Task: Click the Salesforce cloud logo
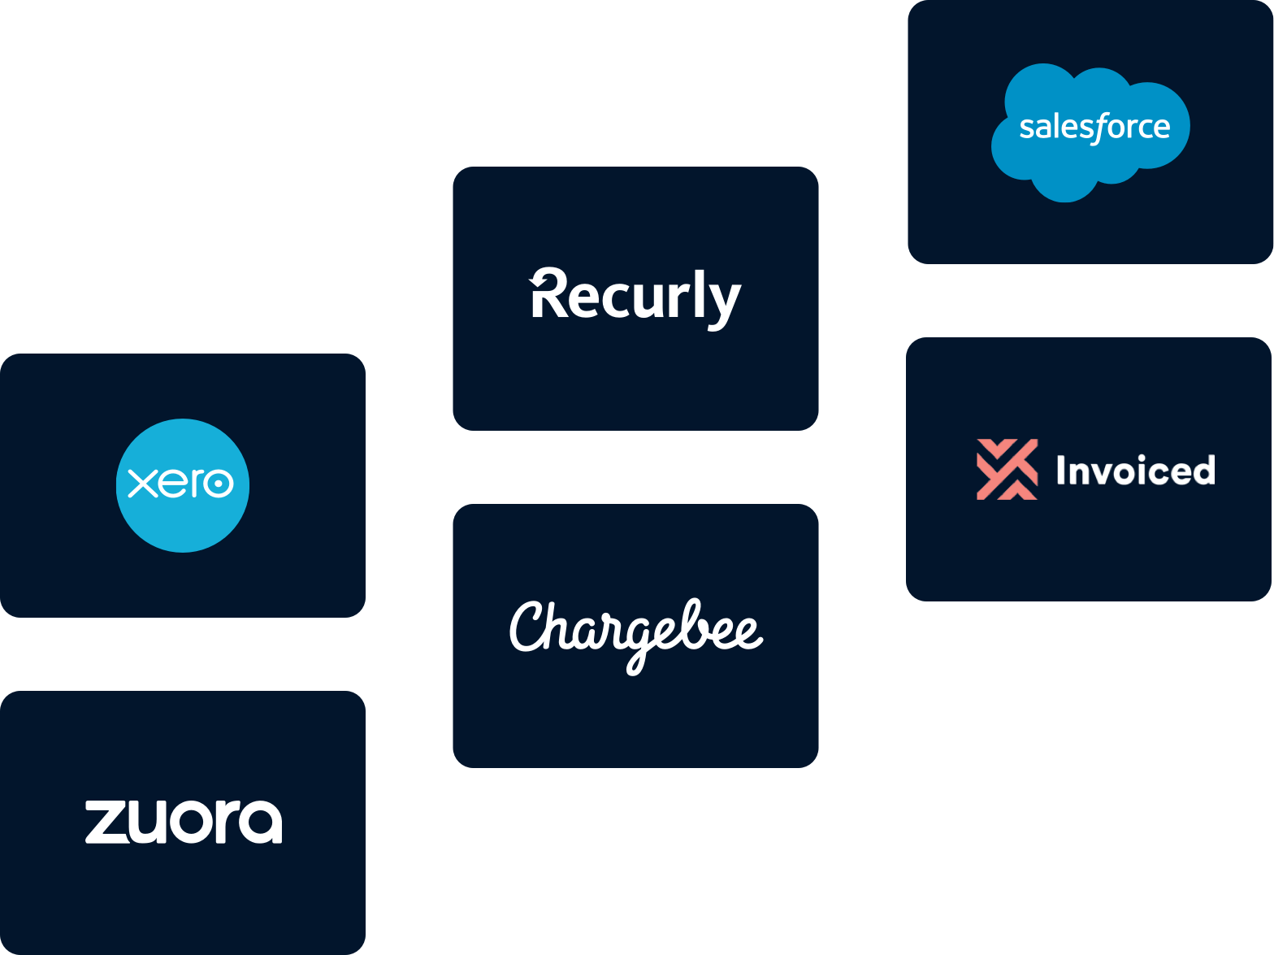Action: coord(1090,130)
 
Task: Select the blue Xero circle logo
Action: coord(183,485)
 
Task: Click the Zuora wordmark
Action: coord(184,822)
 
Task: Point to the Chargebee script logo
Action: coord(635,634)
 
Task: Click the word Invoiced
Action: coord(1135,471)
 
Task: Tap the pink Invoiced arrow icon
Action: coord(1007,469)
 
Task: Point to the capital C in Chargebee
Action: coord(530,627)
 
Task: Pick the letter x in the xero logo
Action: coord(143,484)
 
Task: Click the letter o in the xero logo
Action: coord(218,484)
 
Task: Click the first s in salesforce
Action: coord(1026,128)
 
